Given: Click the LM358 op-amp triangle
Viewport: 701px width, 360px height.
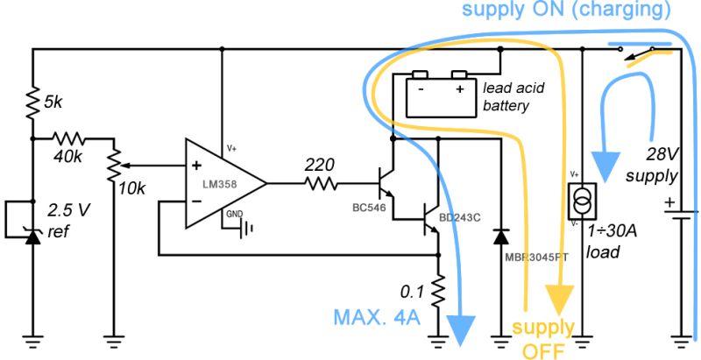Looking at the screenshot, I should click(223, 183).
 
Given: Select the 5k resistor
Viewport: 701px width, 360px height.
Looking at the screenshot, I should click(32, 103).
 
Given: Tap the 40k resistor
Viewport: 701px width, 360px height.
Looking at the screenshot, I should click(69, 138).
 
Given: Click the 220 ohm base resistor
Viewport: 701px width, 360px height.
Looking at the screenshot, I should click(321, 183).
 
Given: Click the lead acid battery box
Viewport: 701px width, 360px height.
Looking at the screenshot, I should click(441, 93).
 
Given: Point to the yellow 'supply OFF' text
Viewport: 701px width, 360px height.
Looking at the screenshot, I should click(542, 340).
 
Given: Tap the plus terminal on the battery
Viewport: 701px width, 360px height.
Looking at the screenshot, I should click(458, 88).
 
